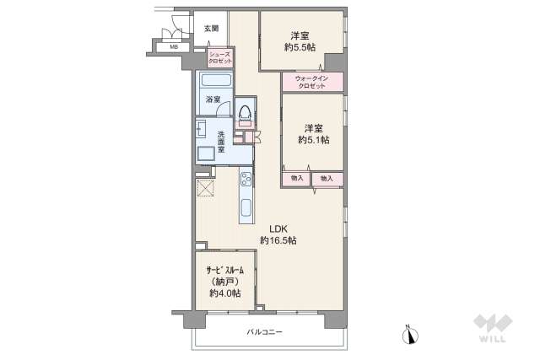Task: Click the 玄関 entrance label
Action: [x=211, y=29]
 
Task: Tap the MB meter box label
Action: [x=174, y=47]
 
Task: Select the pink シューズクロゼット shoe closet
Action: [x=221, y=58]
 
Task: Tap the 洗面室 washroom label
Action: [x=221, y=142]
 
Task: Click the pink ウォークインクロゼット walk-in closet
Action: [x=312, y=82]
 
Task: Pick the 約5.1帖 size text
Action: [x=313, y=140]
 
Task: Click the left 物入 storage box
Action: [x=296, y=179]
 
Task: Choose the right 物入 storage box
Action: [x=327, y=179]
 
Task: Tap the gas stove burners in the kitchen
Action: [x=246, y=180]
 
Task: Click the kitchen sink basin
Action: [x=246, y=207]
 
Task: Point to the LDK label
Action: [x=278, y=228]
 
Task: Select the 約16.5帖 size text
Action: [x=278, y=241]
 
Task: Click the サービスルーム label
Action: [x=225, y=270]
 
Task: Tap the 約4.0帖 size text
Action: [x=225, y=293]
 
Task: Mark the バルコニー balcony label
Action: [x=264, y=332]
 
